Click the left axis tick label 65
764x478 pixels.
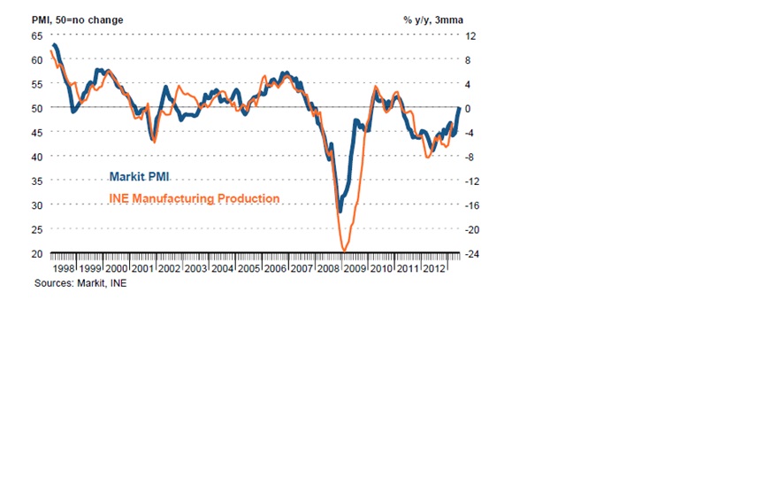click(x=36, y=35)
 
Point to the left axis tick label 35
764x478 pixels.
click(x=36, y=181)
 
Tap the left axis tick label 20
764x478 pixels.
click(x=36, y=253)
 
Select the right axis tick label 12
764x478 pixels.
click(x=471, y=35)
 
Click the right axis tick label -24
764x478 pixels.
click(x=472, y=253)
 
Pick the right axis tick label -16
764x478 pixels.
click(x=472, y=205)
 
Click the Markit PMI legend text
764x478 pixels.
click(x=140, y=176)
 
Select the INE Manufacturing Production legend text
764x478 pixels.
click(x=194, y=198)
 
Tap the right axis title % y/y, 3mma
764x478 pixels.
click(x=433, y=19)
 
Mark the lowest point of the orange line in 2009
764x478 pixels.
click(x=343, y=251)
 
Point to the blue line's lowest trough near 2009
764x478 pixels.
click(x=340, y=212)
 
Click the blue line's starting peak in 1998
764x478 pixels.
click(x=55, y=44)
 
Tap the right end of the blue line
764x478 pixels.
click(x=458, y=108)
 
